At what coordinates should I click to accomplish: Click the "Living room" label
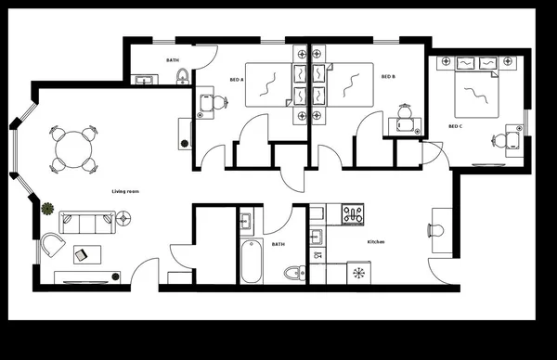tap(125, 191)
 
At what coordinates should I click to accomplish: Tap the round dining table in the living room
tap(73, 147)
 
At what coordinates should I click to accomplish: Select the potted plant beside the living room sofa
tap(47, 207)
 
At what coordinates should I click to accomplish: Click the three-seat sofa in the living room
tap(86, 222)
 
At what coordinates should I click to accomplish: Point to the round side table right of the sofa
tap(124, 219)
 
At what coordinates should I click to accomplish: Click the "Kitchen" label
tap(376, 242)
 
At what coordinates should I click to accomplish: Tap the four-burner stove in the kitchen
tap(353, 216)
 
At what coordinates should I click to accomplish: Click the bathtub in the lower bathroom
tap(250, 262)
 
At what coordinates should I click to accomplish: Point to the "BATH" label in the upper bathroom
tap(173, 60)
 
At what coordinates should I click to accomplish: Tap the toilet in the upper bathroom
tap(183, 76)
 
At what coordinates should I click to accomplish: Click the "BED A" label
tap(236, 80)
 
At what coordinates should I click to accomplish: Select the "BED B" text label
tap(388, 77)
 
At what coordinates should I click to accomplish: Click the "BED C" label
tap(455, 126)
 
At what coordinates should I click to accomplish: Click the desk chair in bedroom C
tap(500, 140)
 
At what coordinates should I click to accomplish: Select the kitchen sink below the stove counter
tap(358, 273)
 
